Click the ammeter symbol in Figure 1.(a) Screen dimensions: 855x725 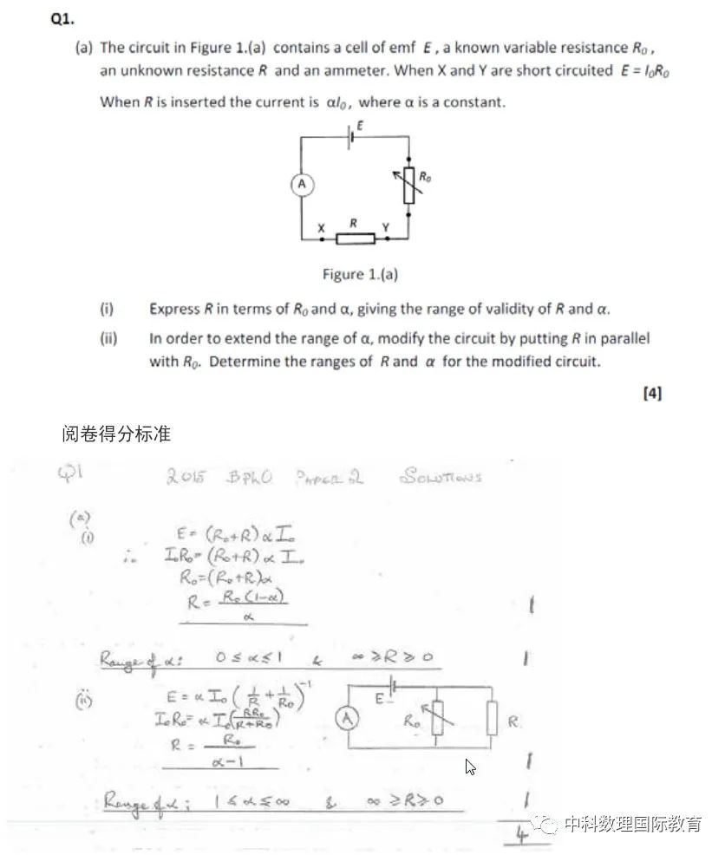tap(301, 184)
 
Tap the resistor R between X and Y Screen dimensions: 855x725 tap(356, 238)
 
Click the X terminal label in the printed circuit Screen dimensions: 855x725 tap(321, 228)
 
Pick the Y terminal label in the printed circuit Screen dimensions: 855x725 tap(386, 227)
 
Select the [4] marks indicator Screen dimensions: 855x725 tap(652, 393)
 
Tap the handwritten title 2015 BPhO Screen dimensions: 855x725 tap(219, 478)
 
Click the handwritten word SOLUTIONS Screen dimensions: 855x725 tap(441, 476)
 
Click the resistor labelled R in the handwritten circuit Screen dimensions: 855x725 tap(492, 719)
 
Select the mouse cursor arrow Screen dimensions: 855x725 tap(470, 767)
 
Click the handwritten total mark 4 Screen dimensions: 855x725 tap(523, 835)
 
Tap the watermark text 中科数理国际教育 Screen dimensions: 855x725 tap(632, 825)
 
